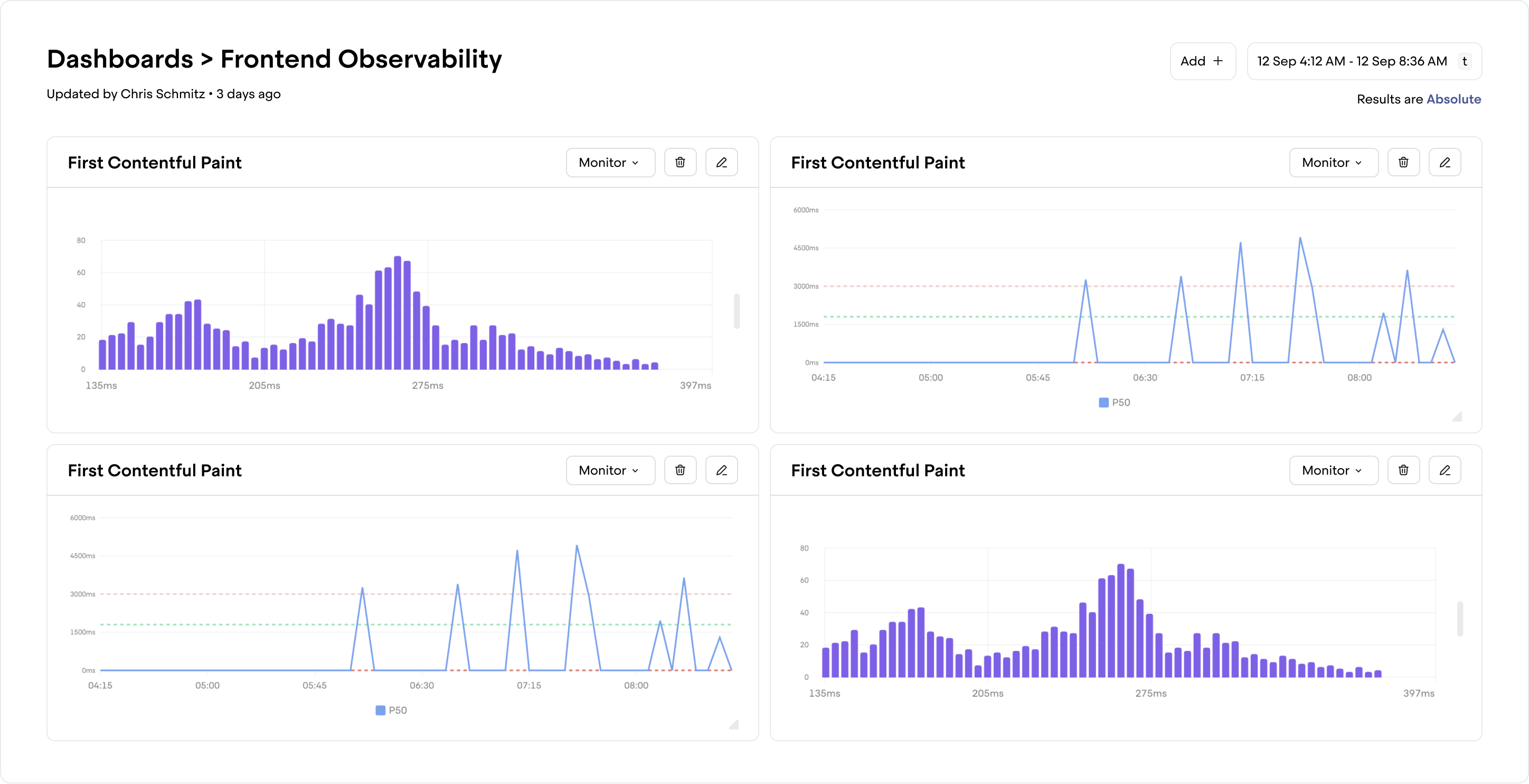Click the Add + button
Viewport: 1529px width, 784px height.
[1202, 61]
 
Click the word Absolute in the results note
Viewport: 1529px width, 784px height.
[1453, 99]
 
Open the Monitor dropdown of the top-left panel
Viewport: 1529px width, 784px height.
[610, 163]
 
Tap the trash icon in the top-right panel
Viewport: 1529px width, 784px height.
[1403, 163]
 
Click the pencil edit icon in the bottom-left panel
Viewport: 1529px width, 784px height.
[721, 470]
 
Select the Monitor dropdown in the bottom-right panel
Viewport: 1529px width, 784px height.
[1333, 470]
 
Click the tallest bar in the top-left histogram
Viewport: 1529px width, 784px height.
[398, 315]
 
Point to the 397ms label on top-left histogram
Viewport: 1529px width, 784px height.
[695, 386]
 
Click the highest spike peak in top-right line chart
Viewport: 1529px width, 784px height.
[1300, 239]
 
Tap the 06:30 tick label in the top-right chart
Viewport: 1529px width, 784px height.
[1145, 377]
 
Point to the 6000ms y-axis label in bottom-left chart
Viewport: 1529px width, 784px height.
[82, 517]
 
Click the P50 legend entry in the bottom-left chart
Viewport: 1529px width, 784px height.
[392, 711]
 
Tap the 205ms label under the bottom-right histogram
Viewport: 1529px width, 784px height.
[987, 693]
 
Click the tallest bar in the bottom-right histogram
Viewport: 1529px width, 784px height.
[1121, 622]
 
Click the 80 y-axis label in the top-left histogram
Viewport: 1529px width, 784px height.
[81, 240]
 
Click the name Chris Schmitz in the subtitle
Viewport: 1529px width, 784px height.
[163, 94]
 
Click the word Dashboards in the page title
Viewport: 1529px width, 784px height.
[120, 59]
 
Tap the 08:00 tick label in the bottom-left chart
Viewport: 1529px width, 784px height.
[636, 685]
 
